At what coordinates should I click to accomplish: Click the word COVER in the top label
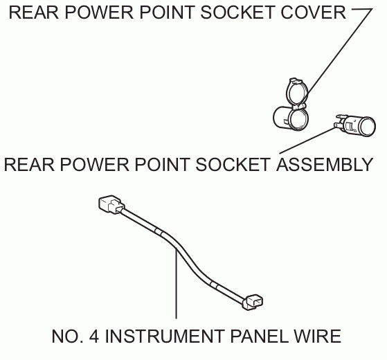(313, 12)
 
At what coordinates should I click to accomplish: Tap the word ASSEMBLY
(325, 165)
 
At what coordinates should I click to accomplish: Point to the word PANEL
(260, 336)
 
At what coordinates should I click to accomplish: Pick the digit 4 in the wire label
(94, 336)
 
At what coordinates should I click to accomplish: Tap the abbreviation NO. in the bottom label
(67, 336)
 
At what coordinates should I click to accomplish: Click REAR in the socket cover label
(34, 12)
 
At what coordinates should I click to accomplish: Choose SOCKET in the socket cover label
(237, 12)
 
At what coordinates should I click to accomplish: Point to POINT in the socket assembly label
(163, 165)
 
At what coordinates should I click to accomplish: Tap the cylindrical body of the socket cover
(291, 118)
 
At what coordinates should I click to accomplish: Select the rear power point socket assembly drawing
(354, 125)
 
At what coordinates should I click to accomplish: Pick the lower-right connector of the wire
(253, 302)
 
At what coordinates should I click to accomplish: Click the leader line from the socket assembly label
(307, 140)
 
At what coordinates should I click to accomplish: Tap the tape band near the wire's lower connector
(214, 285)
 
